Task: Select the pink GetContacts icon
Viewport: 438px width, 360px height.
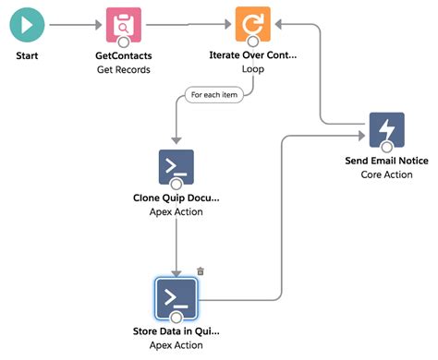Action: pyautogui.click(x=125, y=26)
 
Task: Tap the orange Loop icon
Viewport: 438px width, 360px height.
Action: pyautogui.click(x=252, y=26)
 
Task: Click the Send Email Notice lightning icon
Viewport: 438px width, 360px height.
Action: pyautogui.click(x=386, y=131)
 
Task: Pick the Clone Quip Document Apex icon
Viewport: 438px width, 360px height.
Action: pyautogui.click(x=176, y=167)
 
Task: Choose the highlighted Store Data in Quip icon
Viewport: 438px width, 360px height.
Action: pyautogui.click(x=176, y=296)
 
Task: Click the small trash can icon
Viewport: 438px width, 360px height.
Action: pyautogui.click(x=200, y=271)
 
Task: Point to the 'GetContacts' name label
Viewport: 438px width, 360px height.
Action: pyautogui.click(x=125, y=56)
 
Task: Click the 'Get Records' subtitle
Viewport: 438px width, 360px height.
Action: pyautogui.click(x=125, y=69)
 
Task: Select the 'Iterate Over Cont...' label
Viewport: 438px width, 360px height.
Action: pyautogui.click(x=253, y=56)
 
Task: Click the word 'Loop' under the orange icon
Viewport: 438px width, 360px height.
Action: pyautogui.click(x=253, y=69)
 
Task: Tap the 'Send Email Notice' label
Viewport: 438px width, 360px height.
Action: pyautogui.click(x=386, y=161)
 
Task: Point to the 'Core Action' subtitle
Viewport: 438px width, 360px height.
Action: pyautogui.click(x=386, y=174)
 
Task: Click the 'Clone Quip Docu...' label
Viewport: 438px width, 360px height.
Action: pyautogui.click(x=176, y=198)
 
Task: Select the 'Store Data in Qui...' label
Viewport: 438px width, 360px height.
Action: pyautogui.click(x=176, y=330)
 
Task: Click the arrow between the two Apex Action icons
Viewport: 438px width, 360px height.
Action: pyautogui.click(x=176, y=242)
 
